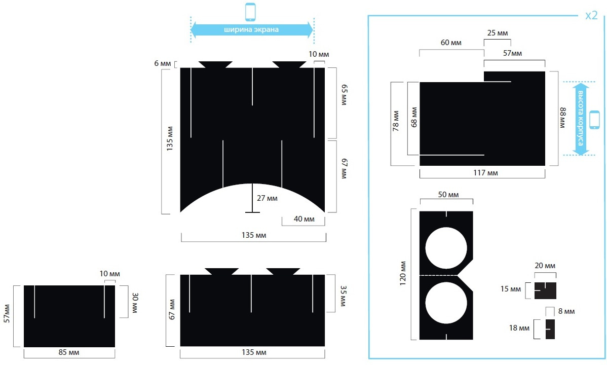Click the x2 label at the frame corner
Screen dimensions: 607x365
591,16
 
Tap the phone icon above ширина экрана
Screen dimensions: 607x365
250,12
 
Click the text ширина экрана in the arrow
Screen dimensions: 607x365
251,29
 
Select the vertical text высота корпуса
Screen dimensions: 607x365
580,118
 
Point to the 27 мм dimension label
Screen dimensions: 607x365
267,198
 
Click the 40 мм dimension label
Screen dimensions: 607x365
304,219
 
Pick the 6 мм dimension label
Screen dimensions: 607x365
162,63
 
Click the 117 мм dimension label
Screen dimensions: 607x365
485,173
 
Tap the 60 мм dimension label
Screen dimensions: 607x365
451,43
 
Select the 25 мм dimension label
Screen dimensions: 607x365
498,33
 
